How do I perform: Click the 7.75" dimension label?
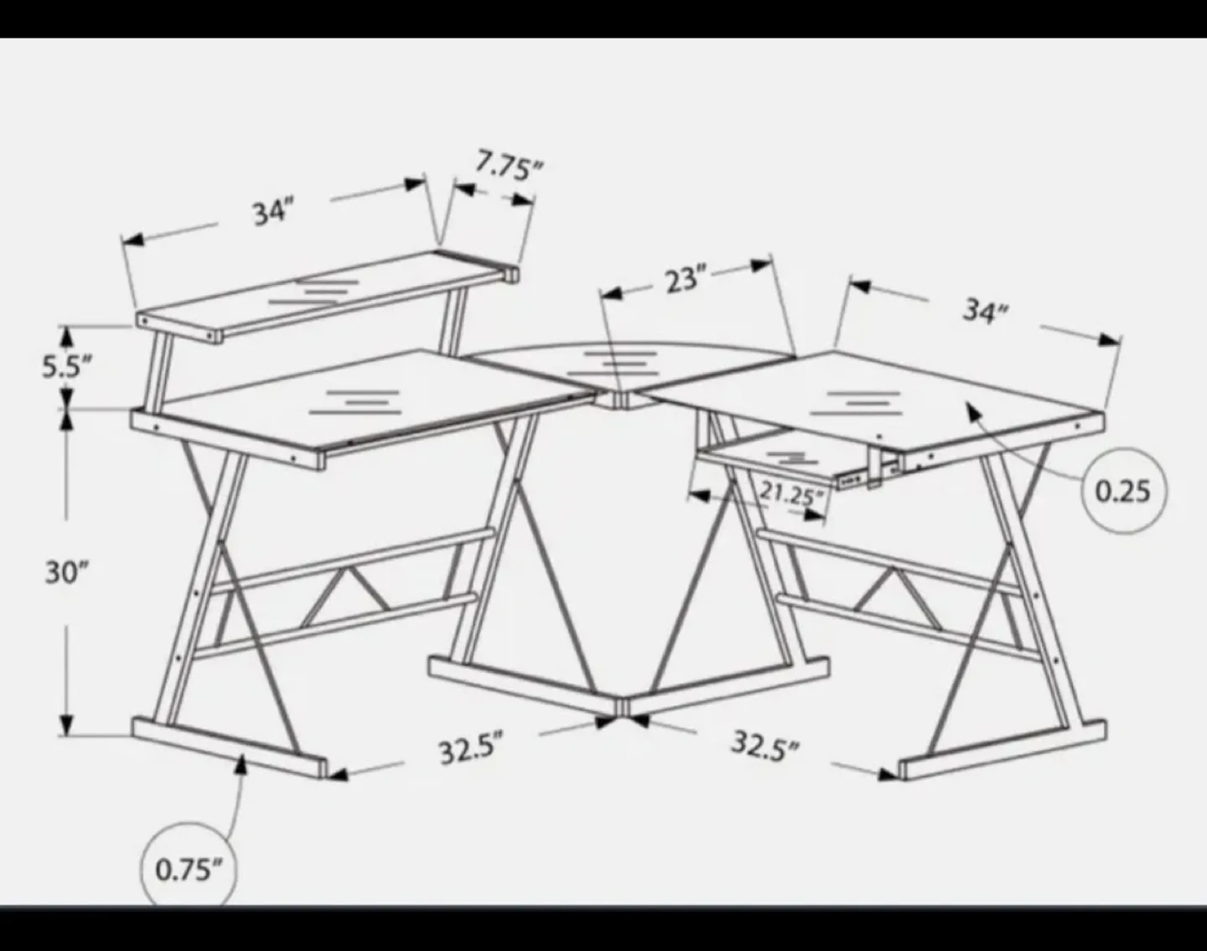coord(509,165)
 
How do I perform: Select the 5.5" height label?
coord(67,367)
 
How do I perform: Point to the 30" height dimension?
coord(67,573)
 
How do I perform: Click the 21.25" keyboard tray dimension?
coord(791,494)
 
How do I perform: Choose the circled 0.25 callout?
coord(1122,491)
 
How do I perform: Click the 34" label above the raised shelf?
coord(273,212)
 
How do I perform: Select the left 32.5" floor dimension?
coord(472,747)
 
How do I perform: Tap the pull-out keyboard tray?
coord(780,457)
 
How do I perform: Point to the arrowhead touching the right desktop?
coord(972,410)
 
